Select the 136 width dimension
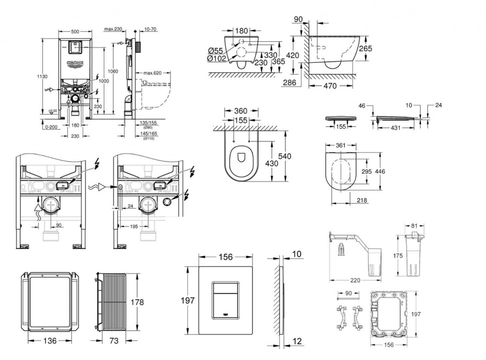(51, 341)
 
